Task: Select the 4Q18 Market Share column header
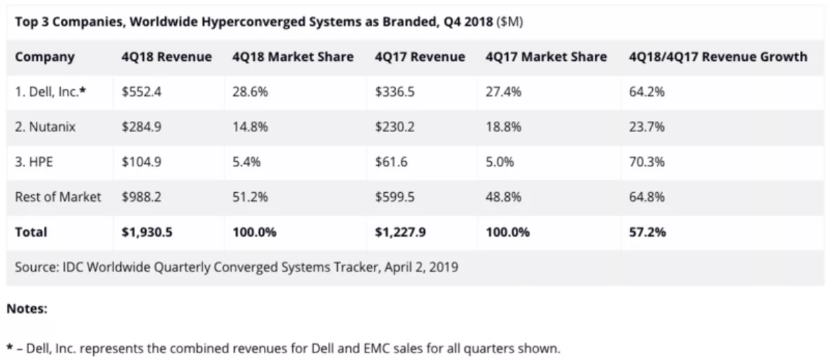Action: (x=293, y=57)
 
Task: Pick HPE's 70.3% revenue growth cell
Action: (x=647, y=162)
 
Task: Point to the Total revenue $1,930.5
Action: (x=147, y=232)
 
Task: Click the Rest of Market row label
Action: (x=58, y=197)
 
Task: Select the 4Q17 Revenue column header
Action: (x=419, y=57)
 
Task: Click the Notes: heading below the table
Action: (x=27, y=310)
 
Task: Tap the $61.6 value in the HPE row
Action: (x=392, y=162)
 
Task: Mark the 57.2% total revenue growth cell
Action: (x=647, y=232)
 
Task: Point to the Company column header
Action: (x=45, y=57)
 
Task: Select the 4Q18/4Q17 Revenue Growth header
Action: (x=718, y=57)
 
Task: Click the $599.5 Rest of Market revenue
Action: (x=395, y=197)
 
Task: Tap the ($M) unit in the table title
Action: (x=509, y=21)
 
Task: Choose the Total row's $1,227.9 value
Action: (x=400, y=232)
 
